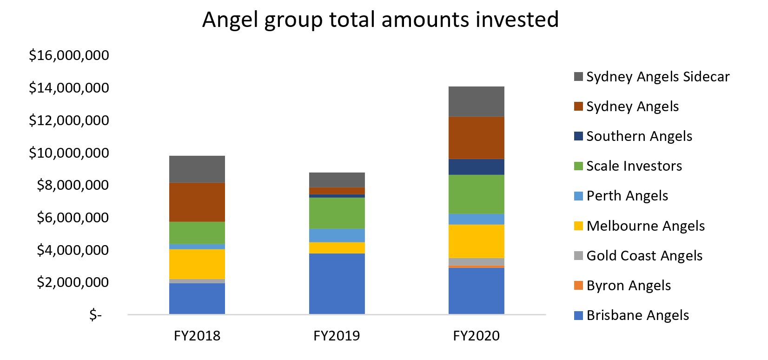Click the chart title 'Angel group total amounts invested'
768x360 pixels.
380,20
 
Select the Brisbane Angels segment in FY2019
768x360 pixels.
337,283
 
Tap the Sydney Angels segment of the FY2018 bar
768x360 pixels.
197,202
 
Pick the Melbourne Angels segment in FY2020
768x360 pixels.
476,241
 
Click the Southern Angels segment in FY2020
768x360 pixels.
476,167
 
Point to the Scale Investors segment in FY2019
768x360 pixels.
337,213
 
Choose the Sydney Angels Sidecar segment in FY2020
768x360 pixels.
476,101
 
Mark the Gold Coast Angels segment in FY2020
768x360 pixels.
476,261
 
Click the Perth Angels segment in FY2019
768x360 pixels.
337,235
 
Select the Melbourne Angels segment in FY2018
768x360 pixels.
197,264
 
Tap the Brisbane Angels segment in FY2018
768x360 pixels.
197,298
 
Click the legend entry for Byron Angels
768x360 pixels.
628,285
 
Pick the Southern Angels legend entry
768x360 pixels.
639,136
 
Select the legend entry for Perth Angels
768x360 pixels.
627,196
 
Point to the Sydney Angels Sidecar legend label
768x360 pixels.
657,76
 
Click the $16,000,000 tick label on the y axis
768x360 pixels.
69,55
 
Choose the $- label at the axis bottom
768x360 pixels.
95,315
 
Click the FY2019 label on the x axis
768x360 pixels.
337,336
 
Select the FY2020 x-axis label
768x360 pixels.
476,336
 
